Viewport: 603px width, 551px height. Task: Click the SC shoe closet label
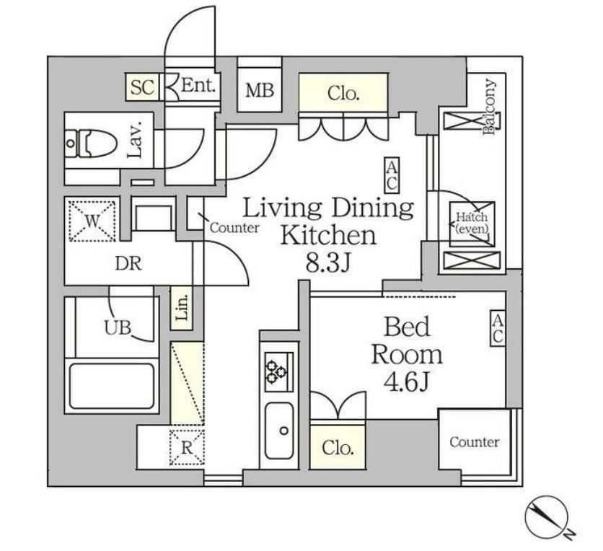(x=142, y=87)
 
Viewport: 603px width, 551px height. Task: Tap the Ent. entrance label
(x=198, y=85)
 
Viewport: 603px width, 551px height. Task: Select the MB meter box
(x=260, y=89)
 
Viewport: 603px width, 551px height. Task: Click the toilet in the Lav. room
(x=90, y=144)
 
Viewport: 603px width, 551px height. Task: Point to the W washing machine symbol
(x=92, y=220)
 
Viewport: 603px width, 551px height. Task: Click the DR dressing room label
(x=128, y=264)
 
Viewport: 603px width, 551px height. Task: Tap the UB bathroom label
(x=118, y=327)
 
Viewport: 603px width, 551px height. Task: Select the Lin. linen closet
(x=182, y=309)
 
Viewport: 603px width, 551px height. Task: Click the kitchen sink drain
(x=284, y=431)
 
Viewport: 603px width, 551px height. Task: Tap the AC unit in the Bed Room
(x=497, y=328)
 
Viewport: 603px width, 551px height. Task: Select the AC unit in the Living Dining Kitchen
(x=392, y=175)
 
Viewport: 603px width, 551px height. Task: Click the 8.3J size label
(x=328, y=263)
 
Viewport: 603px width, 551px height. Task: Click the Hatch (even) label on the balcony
(x=472, y=223)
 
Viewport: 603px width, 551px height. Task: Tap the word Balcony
(x=489, y=107)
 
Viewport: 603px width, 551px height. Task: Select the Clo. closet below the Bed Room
(x=338, y=447)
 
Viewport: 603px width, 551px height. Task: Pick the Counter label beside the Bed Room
(x=475, y=442)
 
